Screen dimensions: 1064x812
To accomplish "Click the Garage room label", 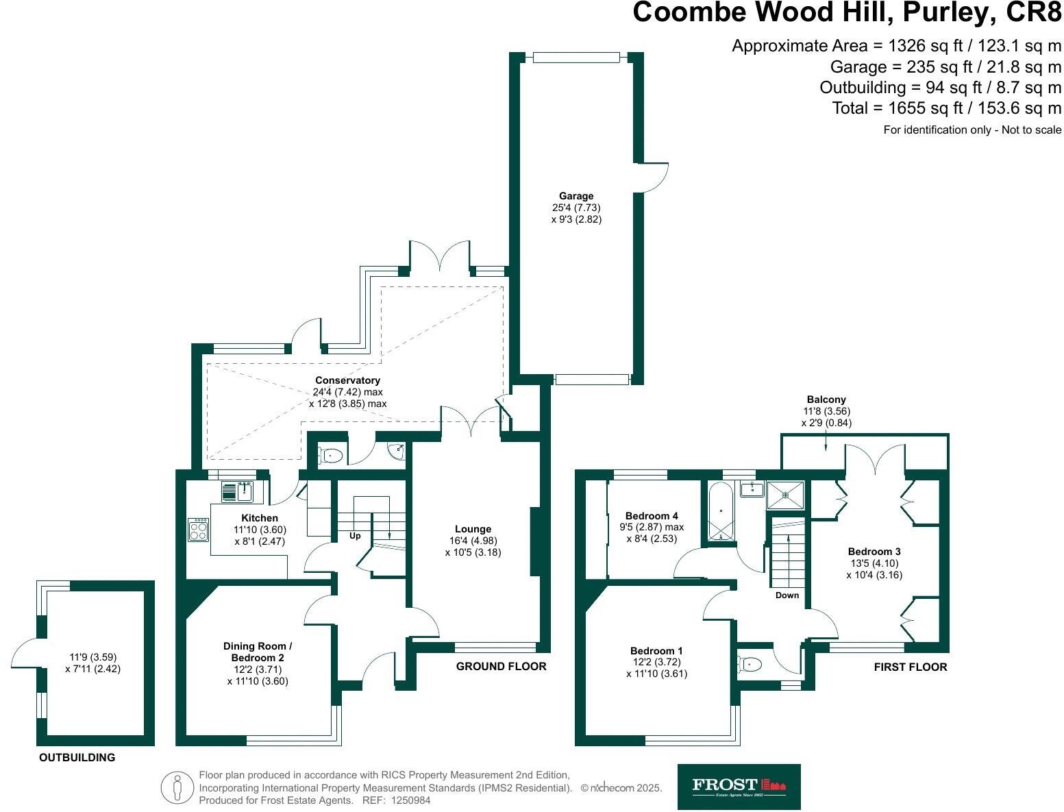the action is coord(576,196).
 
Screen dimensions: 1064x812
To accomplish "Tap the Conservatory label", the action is coord(347,380).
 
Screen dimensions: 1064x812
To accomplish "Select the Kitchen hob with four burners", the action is coord(199,529).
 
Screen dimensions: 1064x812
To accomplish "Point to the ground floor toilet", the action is coord(331,454).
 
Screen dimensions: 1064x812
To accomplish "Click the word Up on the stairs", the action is coord(355,536).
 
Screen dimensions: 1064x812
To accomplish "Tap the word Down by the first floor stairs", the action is coord(787,595).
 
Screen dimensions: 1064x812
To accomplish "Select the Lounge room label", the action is coord(473,529).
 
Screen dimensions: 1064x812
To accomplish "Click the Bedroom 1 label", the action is coord(656,651).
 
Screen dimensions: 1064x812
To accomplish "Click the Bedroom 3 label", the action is coord(874,552).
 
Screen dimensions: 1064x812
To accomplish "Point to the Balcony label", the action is coord(826,399).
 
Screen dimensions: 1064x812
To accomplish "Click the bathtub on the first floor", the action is coord(720,511).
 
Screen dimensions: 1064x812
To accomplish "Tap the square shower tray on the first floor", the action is coord(785,494).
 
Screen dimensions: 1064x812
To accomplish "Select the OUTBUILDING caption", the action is coord(77,758).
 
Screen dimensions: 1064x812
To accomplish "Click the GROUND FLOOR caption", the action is coord(501,666).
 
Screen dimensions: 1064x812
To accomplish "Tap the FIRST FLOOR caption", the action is coord(910,667).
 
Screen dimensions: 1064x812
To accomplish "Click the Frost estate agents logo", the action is coord(739,787).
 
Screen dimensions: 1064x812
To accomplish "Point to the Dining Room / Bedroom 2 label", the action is coord(258,652).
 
